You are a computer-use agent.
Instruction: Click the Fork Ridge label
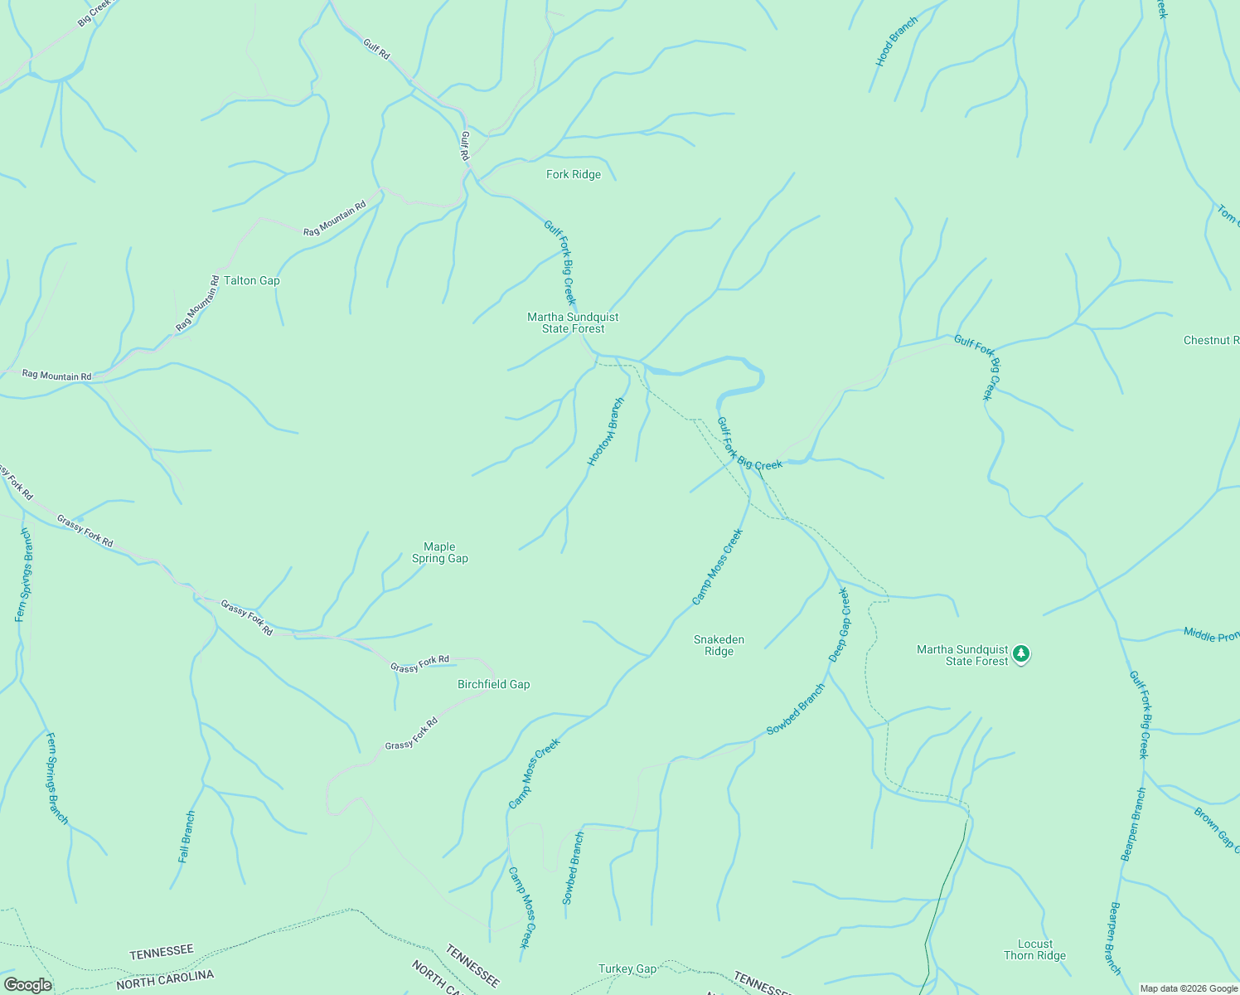[574, 175]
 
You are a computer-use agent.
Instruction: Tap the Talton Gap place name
[252, 281]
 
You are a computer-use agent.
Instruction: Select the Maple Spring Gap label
[440, 552]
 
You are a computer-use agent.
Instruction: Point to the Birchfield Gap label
[494, 685]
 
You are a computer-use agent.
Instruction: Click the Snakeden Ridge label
[719, 645]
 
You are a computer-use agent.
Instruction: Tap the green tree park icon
[1022, 654]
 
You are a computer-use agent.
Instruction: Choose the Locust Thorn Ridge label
[1034, 949]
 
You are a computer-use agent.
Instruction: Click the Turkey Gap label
[627, 968]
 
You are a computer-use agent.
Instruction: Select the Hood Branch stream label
[897, 42]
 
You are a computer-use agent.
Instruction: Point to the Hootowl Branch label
[606, 432]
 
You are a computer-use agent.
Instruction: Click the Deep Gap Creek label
[840, 624]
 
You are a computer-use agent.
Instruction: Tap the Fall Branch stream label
[187, 837]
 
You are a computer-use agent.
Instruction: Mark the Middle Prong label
[1211, 635]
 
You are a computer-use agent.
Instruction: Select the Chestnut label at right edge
[1211, 341]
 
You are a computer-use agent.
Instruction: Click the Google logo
[27, 985]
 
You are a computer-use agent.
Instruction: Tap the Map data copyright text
[1188, 988]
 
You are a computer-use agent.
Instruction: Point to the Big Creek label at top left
[94, 13]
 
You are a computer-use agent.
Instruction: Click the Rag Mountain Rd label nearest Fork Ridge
[335, 220]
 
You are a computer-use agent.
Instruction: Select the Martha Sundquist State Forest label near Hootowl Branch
[573, 323]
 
